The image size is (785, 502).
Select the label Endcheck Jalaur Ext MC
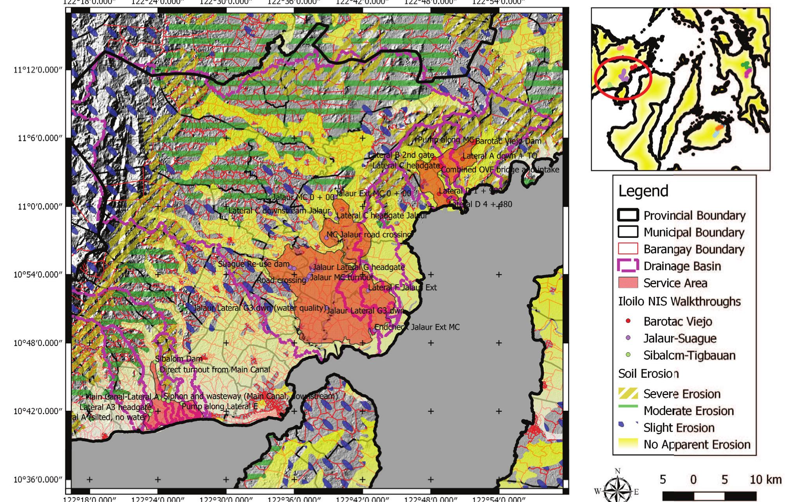[417, 327]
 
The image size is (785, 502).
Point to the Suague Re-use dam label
[253, 264]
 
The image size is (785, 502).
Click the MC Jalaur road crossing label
[369, 235]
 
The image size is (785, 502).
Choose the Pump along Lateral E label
[220, 406]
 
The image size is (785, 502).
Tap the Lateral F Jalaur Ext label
[402, 288]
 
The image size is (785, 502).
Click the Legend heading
[643, 191]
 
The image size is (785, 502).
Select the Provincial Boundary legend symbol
[628, 216]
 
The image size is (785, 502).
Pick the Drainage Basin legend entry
[682, 266]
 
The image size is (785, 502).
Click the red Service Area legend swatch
[628, 283]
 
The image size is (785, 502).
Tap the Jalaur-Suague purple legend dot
[628, 338]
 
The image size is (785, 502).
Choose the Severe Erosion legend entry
[682, 394]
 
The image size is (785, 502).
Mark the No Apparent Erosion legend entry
[697, 444]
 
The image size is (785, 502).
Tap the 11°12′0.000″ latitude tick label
[38, 70]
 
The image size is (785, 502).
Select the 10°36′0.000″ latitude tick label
[38, 480]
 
